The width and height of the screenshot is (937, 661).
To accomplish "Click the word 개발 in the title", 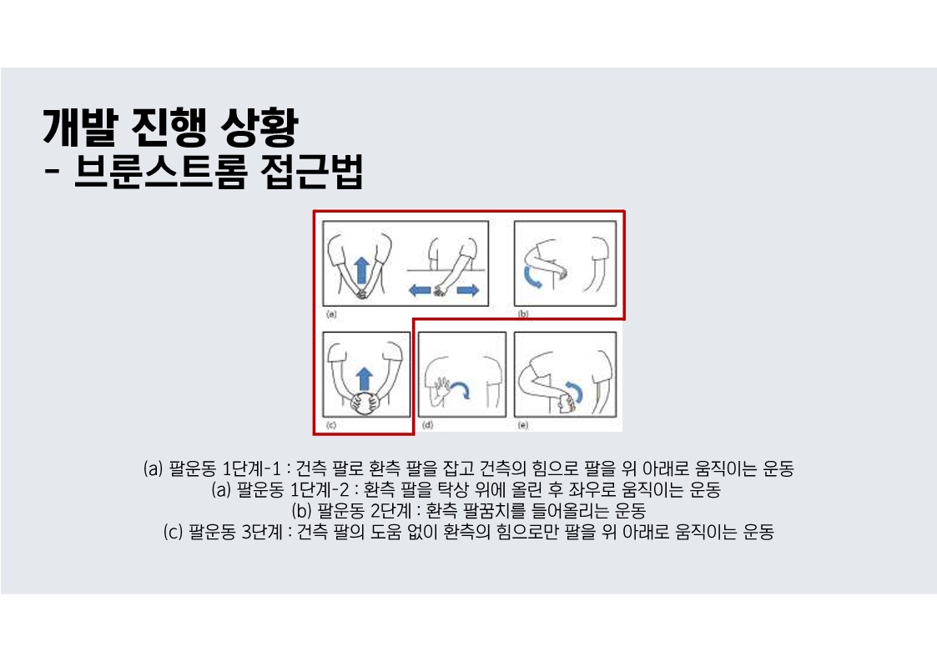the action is (x=78, y=128).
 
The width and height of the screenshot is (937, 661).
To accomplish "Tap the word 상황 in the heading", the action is (x=259, y=128).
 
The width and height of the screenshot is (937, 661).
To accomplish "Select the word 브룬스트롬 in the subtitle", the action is (x=160, y=172).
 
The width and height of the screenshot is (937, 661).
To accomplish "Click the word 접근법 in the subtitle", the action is (x=311, y=172).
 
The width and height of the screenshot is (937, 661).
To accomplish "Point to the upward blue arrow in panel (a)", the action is (x=361, y=270).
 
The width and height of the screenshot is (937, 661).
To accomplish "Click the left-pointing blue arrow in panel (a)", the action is (x=420, y=291).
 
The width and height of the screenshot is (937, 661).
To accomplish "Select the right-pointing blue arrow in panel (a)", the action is (x=468, y=291).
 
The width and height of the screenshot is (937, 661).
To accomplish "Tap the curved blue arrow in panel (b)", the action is (x=531, y=278).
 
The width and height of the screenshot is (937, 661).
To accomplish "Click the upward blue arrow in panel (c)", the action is (x=364, y=380).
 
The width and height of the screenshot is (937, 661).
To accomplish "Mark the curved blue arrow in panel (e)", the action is (x=576, y=391).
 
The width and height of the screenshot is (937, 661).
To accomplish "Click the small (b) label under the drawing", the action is (x=523, y=313).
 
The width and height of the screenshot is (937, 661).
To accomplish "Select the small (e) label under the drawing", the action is (x=523, y=425).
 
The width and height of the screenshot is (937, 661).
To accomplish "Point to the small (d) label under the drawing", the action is (x=427, y=425).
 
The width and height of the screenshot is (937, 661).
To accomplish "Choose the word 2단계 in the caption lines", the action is (x=390, y=510).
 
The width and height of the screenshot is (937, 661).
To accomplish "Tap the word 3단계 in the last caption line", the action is (x=262, y=532).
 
